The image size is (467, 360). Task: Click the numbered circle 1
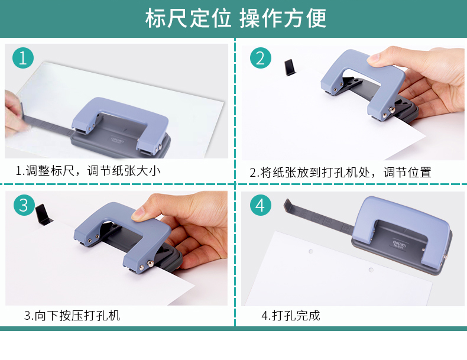tap(23, 58)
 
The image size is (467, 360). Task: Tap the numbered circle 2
tap(260, 58)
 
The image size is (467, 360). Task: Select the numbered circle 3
tap(24, 205)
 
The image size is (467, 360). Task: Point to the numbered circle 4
tap(260, 205)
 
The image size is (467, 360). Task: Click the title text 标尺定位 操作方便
tap(236, 18)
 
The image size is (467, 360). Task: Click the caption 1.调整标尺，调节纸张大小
tap(88, 171)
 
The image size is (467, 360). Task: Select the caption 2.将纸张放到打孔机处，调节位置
tap(340, 173)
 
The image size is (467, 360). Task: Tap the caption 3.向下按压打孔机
tap(72, 315)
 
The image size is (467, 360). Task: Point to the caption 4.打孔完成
tap(291, 315)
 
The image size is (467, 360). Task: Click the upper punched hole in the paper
tap(310, 252)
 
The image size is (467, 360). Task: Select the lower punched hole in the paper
tap(371, 270)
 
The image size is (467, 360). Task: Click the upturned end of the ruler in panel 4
tap(288, 206)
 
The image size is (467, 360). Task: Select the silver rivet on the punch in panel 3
tap(151, 263)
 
